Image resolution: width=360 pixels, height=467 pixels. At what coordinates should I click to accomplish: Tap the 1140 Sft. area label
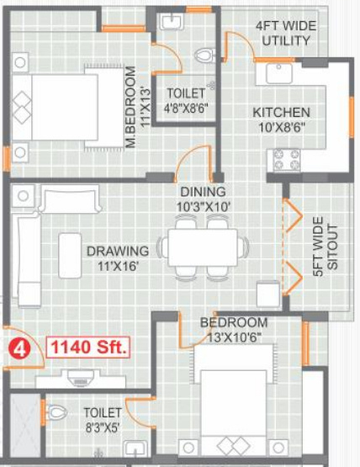pos(88,348)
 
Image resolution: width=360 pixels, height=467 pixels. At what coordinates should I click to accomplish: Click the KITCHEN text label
pos(281,113)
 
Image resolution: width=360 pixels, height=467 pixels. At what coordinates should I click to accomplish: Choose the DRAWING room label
pos(118,251)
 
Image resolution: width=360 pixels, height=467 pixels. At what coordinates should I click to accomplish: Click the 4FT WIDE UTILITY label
pos(286,33)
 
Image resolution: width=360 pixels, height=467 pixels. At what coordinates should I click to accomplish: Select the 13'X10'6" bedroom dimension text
pos(234,337)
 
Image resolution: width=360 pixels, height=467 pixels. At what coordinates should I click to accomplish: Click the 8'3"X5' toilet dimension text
pos(103,427)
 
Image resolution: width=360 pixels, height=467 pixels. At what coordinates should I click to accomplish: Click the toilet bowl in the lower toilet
pos(56,412)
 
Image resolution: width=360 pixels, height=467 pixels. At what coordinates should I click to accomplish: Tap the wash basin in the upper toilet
pos(171,19)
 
